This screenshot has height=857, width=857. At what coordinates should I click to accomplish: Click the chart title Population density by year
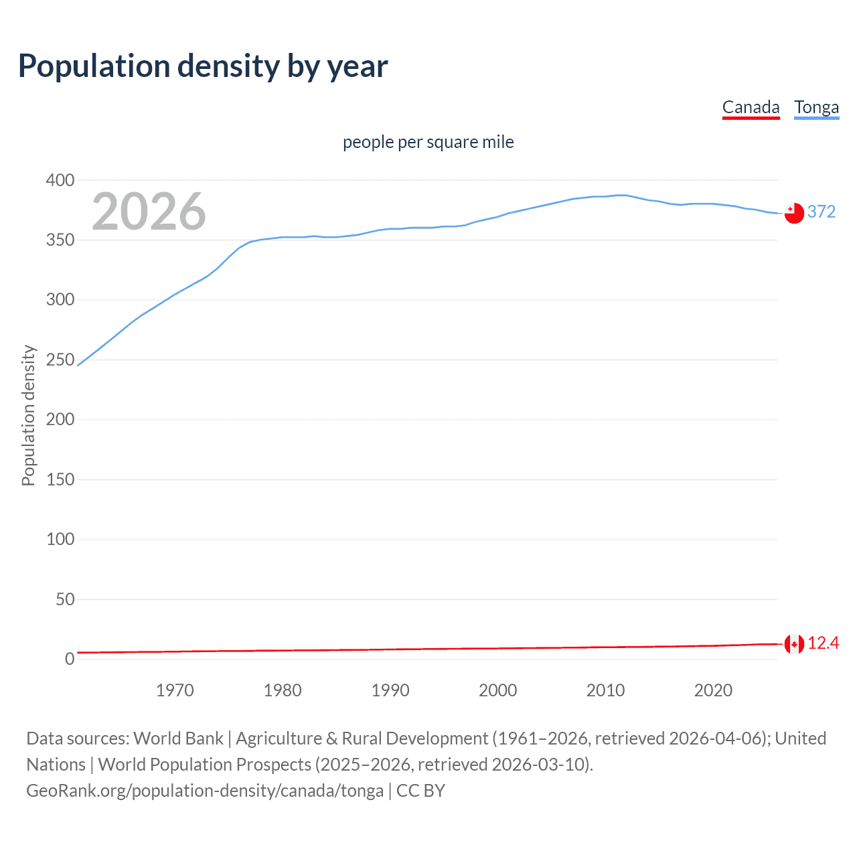[x=203, y=66]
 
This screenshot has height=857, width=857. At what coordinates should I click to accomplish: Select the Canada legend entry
[x=751, y=108]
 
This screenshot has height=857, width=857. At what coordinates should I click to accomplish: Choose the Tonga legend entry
[x=816, y=108]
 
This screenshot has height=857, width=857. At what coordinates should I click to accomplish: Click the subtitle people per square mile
[x=428, y=143]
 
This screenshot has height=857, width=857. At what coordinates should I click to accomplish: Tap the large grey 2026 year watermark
[x=149, y=212]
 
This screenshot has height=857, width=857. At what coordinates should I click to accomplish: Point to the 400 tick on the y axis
[x=60, y=180]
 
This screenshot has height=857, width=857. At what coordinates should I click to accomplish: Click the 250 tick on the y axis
[x=60, y=360]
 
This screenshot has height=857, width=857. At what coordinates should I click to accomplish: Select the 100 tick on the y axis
[x=60, y=539]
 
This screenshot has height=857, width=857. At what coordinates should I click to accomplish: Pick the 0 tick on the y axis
[x=70, y=659]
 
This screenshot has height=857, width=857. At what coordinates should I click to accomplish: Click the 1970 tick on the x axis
[x=175, y=690]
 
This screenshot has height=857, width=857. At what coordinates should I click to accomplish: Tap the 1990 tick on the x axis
[x=390, y=690]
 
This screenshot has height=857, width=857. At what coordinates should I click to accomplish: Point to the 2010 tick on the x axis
[x=605, y=690]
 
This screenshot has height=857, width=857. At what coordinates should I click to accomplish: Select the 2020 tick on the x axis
[x=713, y=690]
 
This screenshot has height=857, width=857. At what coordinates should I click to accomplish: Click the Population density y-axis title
[x=28, y=415]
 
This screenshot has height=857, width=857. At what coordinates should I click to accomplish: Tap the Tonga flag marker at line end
[x=794, y=213]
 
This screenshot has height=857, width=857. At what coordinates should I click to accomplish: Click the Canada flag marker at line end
[x=794, y=644]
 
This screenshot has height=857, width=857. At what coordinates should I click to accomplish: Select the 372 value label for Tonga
[x=822, y=212]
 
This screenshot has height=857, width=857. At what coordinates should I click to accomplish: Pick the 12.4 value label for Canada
[x=823, y=643]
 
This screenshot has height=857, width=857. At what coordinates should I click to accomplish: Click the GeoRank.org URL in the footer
[x=205, y=791]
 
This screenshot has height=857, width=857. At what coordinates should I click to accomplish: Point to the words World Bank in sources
[x=178, y=738]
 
